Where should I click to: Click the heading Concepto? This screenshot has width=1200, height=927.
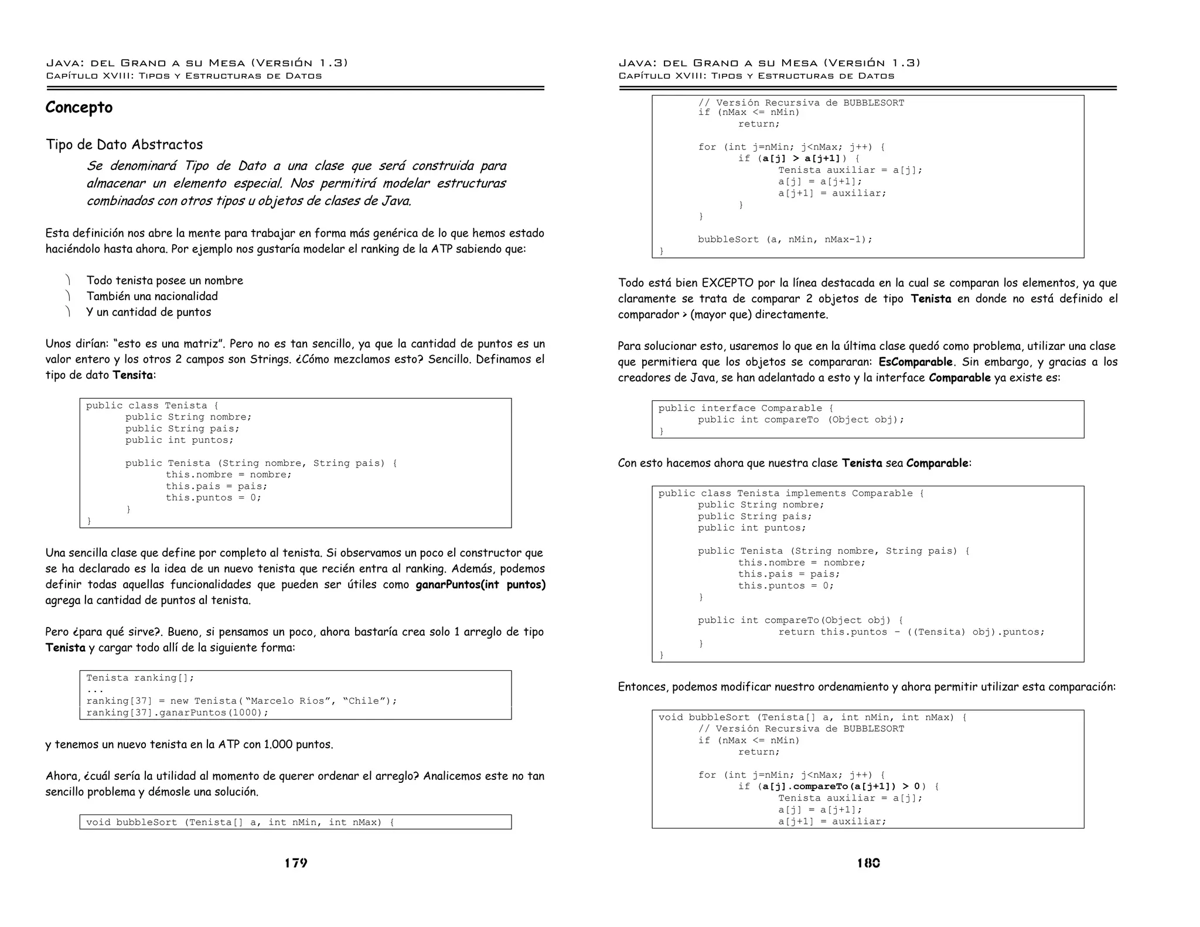pos(79,108)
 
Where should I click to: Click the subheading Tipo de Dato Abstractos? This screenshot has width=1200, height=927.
pos(124,145)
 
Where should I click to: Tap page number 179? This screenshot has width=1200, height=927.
pos(296,863)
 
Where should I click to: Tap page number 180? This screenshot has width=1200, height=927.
pos(868,863)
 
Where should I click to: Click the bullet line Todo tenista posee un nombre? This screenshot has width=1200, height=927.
pos(165,281)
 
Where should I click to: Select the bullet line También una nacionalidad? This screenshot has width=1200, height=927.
pos(152,296)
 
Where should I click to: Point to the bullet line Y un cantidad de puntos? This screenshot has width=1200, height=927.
pos(149,312)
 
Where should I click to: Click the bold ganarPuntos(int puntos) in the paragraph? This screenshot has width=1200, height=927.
pos(480,585)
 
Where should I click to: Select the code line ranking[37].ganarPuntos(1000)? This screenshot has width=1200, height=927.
pos(178,713)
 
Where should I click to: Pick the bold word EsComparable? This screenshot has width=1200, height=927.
pos(915,362)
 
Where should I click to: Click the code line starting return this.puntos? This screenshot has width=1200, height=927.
pos(911,632)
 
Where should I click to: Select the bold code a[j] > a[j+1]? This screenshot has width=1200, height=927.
pos(801,158)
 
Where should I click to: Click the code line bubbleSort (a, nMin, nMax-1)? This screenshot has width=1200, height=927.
pos(785,239)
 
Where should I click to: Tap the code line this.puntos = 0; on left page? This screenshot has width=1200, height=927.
pos(213,497)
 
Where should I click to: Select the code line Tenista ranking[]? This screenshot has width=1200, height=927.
pos(140,678)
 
